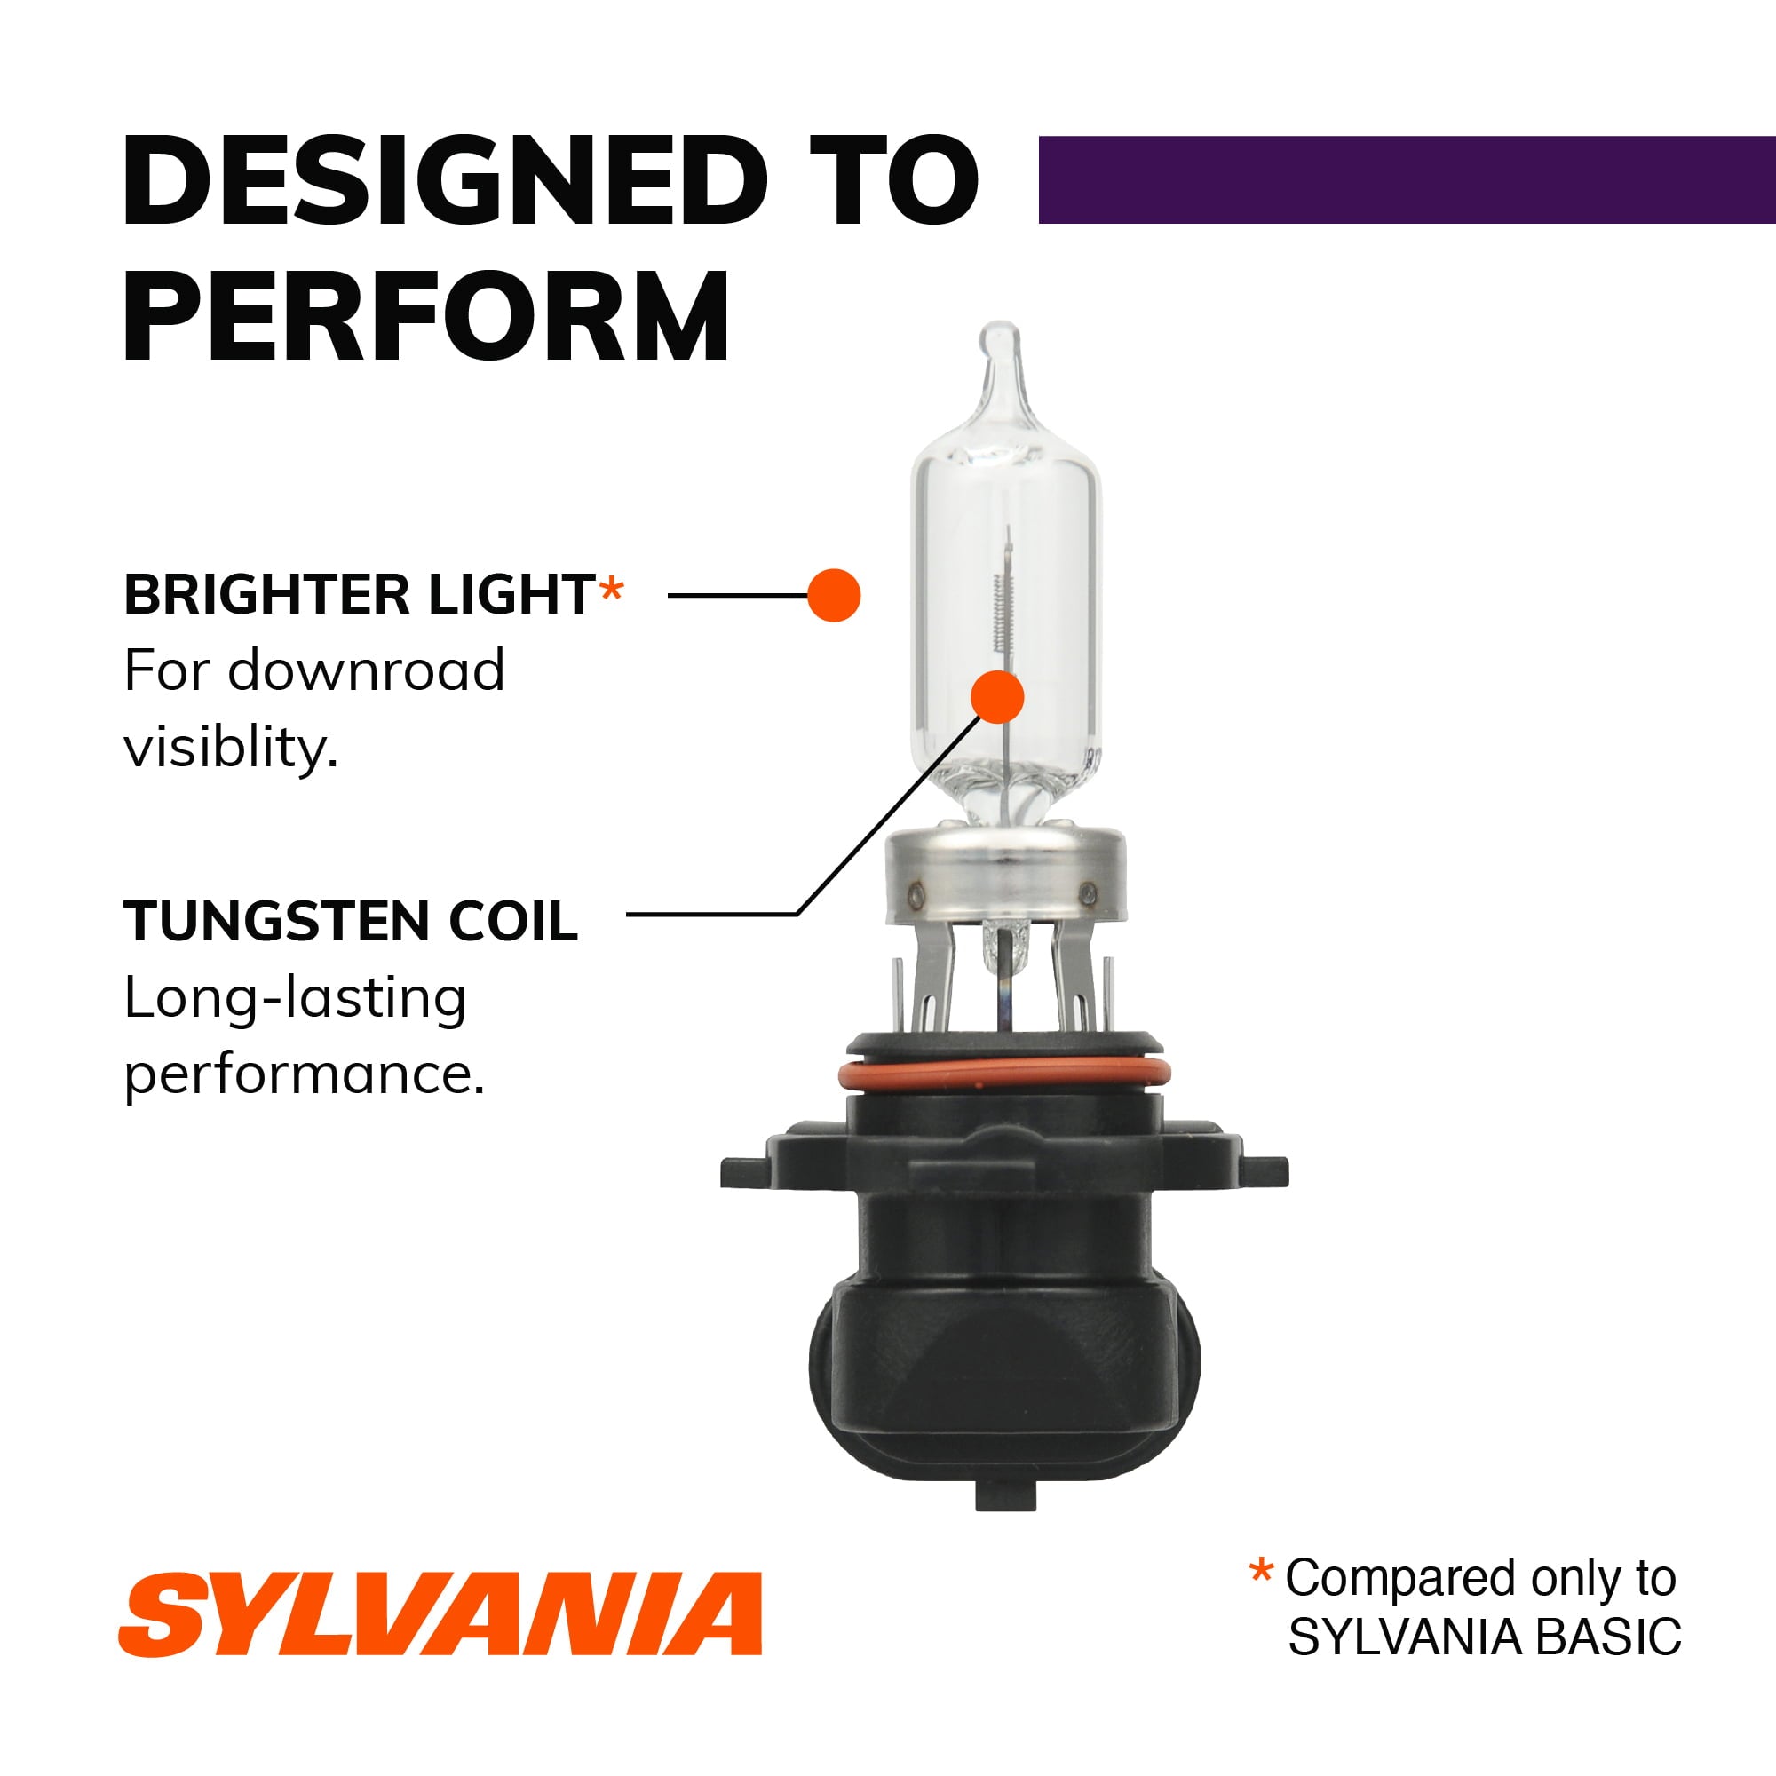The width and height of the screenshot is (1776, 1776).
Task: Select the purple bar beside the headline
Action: pos(1406,180)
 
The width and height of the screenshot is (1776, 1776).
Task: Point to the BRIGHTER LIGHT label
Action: pos(360,595)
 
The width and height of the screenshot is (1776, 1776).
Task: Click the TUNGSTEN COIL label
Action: pos(350,921)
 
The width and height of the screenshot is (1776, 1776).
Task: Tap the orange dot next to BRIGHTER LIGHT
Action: pos(834,595)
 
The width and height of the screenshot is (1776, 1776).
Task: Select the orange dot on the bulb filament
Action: pos(997,696)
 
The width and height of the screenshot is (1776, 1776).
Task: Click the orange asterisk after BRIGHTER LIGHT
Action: pos(611,591)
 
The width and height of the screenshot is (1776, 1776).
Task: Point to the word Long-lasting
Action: pos(294,998)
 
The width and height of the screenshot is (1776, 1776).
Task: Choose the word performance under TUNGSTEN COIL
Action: pos(304,1073)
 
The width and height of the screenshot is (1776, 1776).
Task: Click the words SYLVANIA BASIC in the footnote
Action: pos(1485,1637)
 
